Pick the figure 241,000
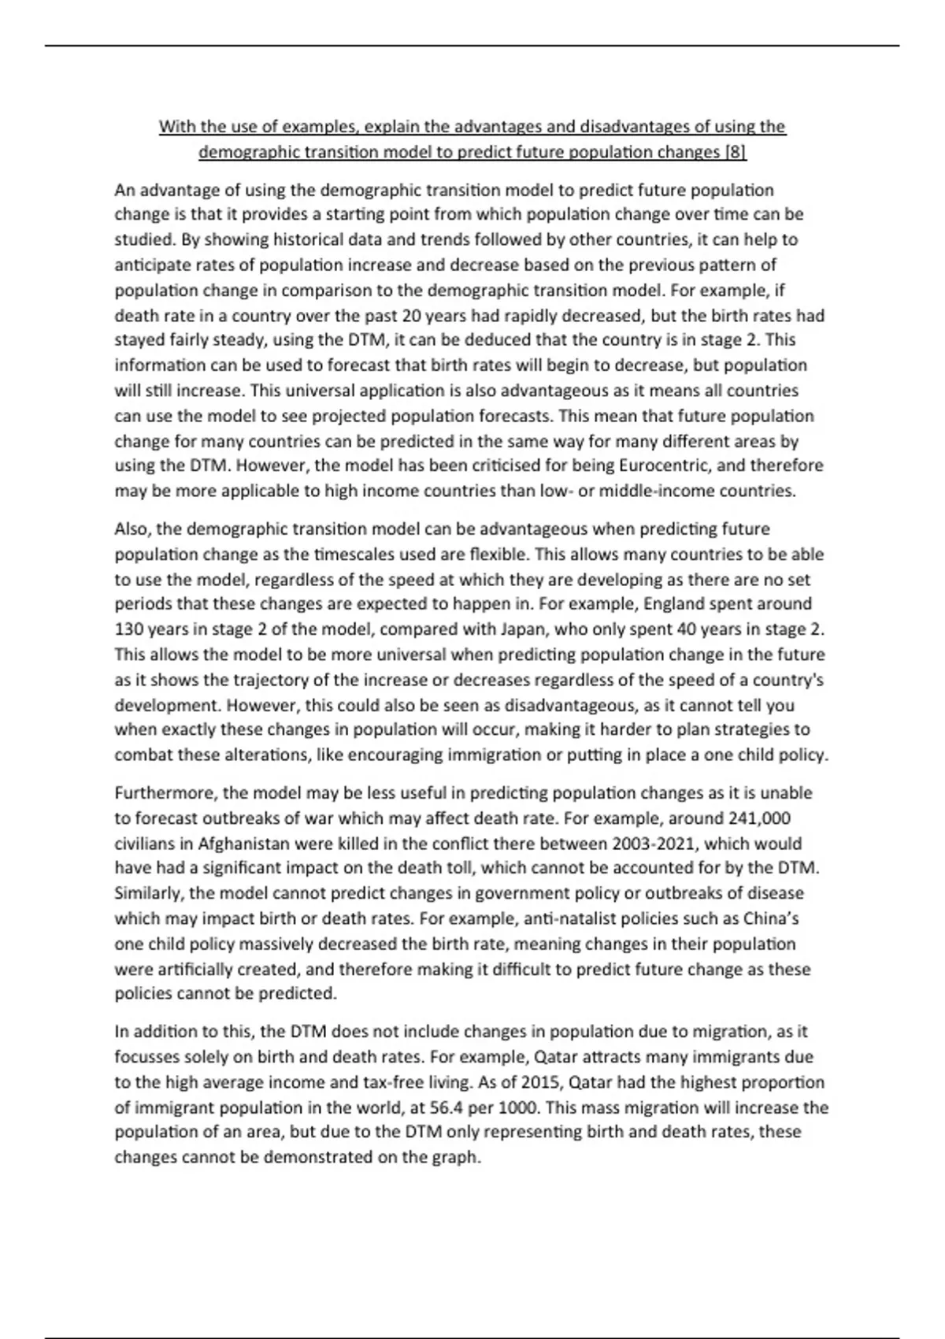click(760, 818)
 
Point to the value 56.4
click(451, 1107)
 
